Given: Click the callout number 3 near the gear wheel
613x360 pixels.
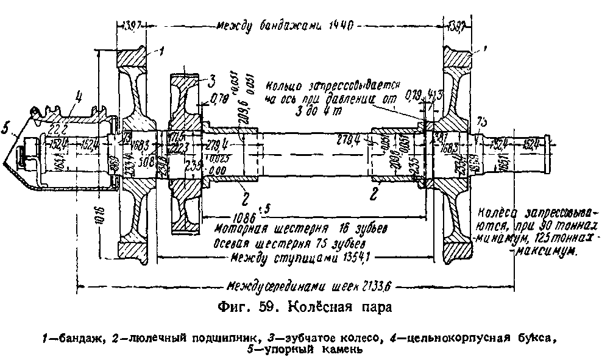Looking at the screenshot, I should [212, 79].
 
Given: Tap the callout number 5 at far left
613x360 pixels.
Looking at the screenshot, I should [7, 130].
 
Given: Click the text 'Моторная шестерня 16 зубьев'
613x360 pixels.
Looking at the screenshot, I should [300, 228].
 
